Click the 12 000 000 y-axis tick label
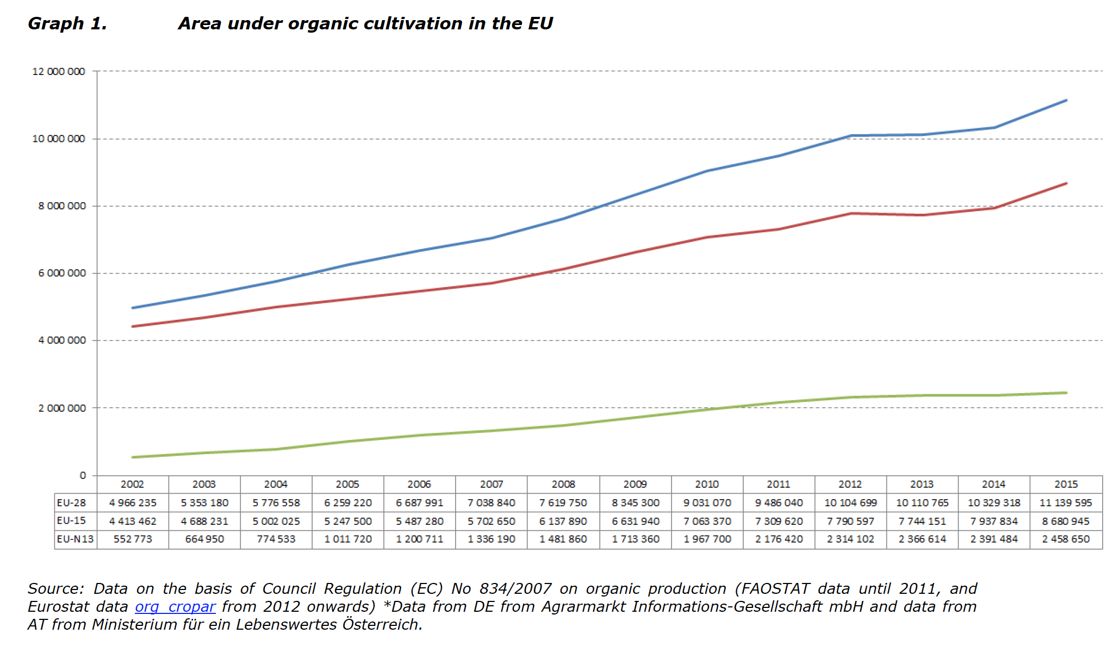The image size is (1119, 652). pos(59,72)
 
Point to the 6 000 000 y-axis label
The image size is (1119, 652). pos(62,273)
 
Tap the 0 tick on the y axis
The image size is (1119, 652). pos(83,475)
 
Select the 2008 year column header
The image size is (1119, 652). pos(563,484)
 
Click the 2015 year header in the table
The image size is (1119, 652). pos(1066,484)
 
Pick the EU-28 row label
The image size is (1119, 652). pos(72,502)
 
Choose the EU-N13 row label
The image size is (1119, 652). pos(75,539)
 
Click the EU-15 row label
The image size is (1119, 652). pos(72,520)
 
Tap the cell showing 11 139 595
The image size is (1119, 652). pos(1066,502)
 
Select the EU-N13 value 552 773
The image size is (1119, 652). pos(133,539)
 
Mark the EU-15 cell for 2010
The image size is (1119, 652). pos(707,521)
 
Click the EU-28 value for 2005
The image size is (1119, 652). pos(348,502)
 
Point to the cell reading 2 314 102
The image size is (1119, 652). pos(850,539)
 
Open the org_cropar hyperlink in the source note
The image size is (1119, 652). pos(175,606)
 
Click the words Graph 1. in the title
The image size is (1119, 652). pos(67,23)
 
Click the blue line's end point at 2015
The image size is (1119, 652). pos(1066,101)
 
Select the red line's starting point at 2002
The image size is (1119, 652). pos(133,326)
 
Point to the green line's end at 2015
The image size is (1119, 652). pos(1066,393)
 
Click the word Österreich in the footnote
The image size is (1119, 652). pos(382,624)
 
